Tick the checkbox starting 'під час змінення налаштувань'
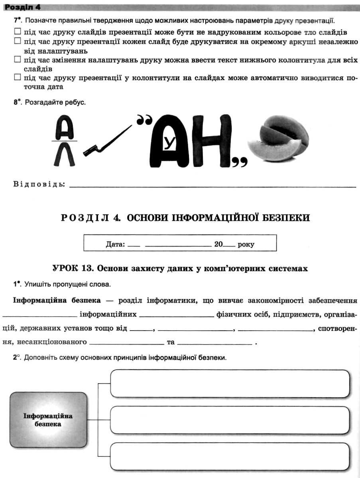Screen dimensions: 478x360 (17, 59)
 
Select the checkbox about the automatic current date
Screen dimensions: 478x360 (17, 77)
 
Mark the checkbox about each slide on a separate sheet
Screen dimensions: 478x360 (17, 41)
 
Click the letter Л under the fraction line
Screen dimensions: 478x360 (64, 154)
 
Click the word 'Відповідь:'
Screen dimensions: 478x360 (39, 184)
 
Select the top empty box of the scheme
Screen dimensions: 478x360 (230, 384)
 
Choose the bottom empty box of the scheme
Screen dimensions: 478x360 (230, 456)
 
